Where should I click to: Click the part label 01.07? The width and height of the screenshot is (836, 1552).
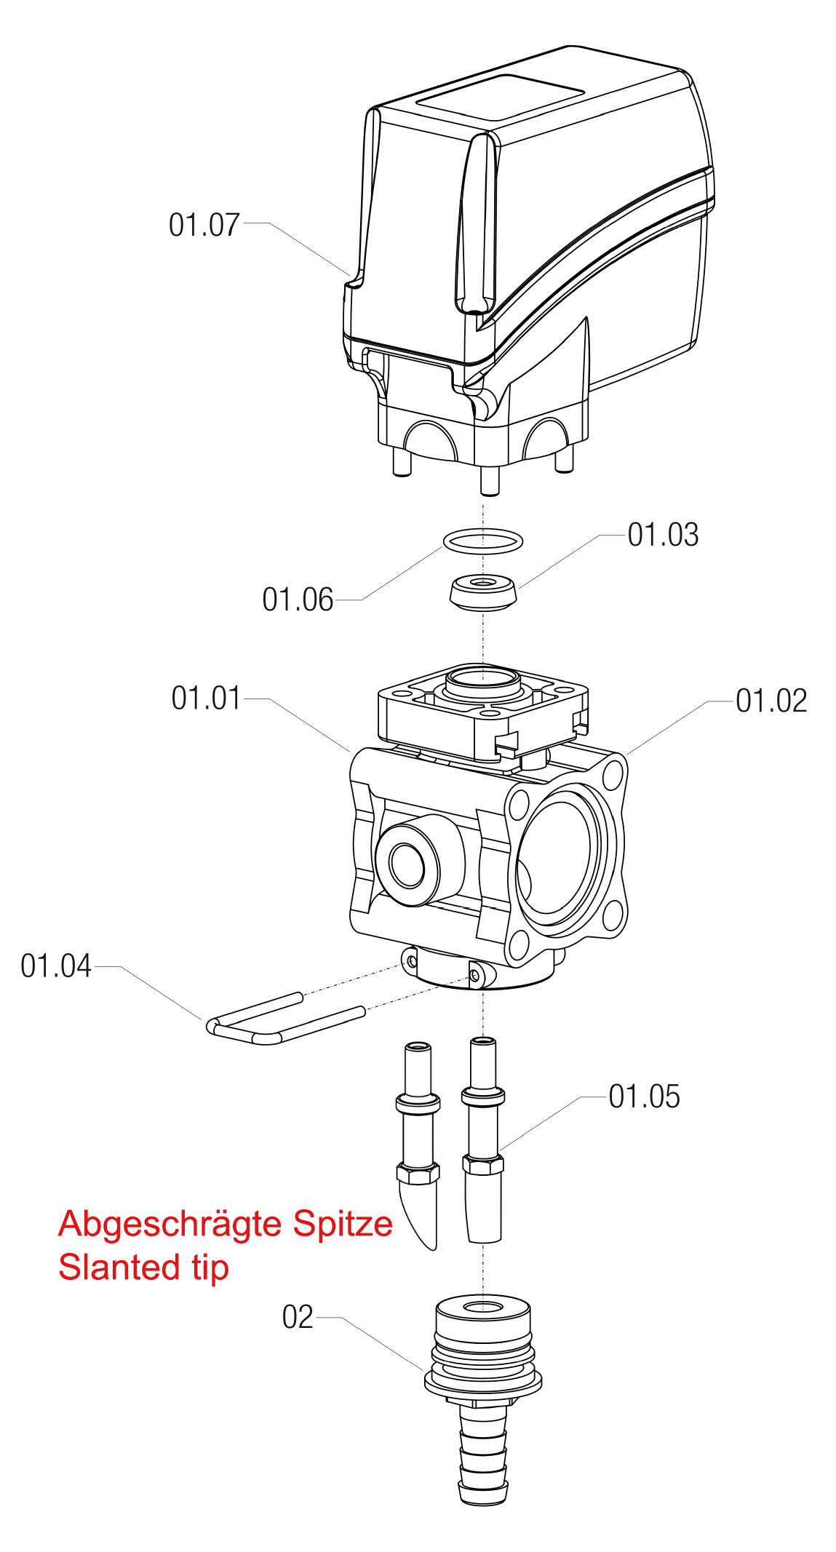204,225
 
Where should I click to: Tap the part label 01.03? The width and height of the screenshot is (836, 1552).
663,535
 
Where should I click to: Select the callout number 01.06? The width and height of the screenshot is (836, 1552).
298,600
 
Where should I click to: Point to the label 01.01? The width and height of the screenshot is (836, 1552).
206,698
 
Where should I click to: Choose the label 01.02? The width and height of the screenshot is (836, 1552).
771,701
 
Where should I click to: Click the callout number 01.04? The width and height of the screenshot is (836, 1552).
56,966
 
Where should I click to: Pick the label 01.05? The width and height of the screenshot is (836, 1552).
644,1097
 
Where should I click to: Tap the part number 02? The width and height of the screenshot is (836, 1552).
298,1317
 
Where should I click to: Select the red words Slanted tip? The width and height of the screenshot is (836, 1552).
144,1268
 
